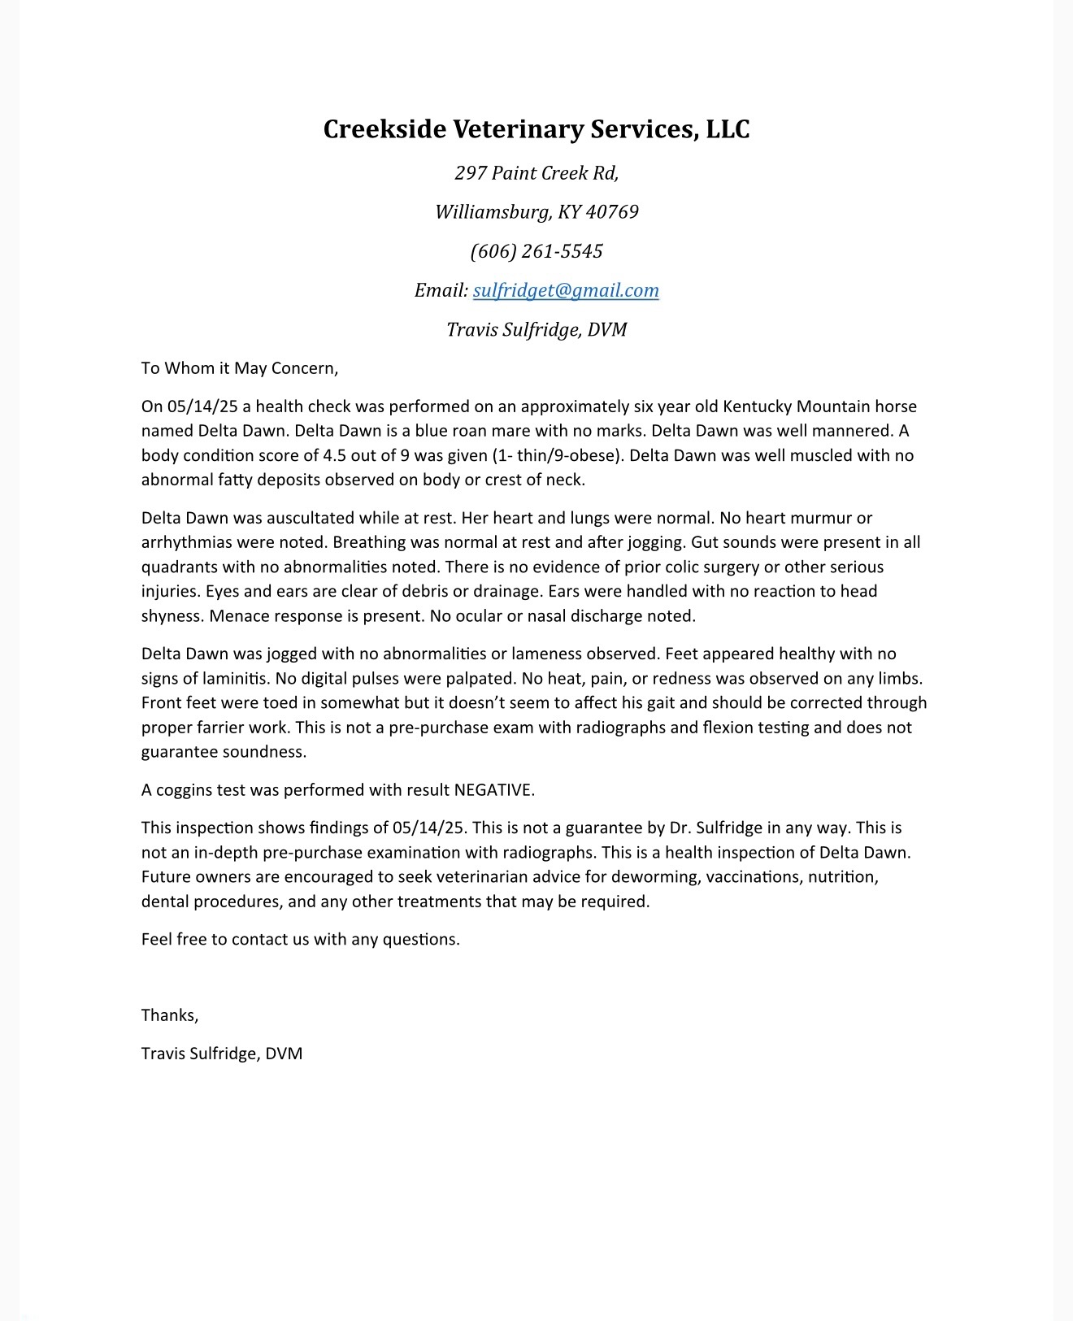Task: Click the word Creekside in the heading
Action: (384, 129)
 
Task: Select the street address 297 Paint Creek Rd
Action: (536, 173)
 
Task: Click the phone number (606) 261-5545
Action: (536, 251)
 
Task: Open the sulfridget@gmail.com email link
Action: (566, 290)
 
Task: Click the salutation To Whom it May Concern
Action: (239, 368)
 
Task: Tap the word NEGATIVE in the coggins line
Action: (493, 790)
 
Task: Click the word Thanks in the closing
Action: (169, 1015)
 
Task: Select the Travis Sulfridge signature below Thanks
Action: (221, 1054)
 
